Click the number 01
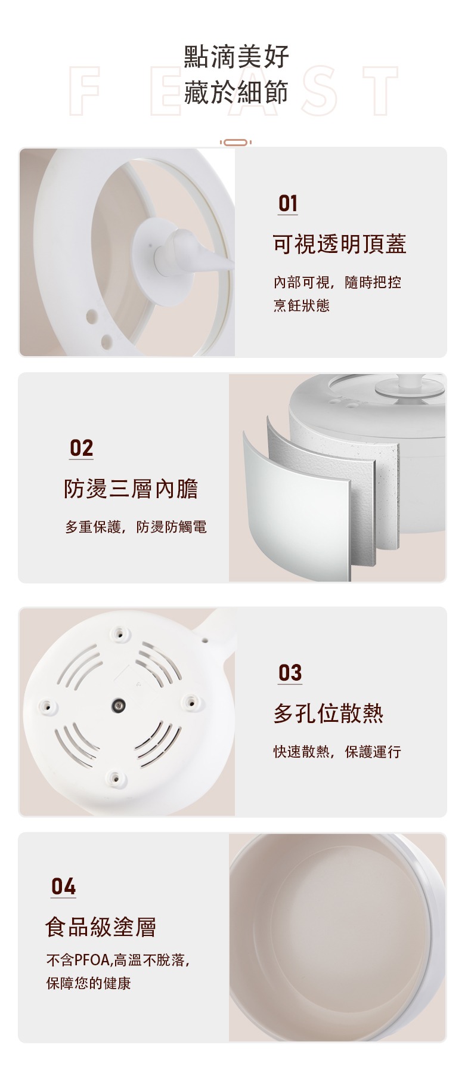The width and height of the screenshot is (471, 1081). (288, 203)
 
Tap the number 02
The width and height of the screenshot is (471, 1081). (82, 448)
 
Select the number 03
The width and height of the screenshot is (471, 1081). (290, 673)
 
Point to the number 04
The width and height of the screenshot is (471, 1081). (64, 887)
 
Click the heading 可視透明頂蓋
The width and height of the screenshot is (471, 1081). (340, 244)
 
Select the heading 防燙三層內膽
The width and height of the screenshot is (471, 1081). (131, 489)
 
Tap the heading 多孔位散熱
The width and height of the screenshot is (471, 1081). (329, 713)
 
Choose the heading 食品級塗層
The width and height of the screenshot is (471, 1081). (101, 927)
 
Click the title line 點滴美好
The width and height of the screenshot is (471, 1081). (237, 57)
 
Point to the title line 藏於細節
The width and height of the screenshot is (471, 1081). (237, 92)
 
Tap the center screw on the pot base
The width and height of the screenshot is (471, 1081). (119, 706)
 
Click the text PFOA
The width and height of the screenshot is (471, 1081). (92, 960)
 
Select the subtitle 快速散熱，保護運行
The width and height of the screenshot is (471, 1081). (337, 752)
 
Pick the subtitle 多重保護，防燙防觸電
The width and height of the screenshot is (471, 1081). (136, 527)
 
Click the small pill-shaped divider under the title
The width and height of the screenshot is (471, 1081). (235, 143)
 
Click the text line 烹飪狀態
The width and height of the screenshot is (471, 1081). (302, 305)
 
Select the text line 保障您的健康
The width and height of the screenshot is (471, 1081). (89, 983)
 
